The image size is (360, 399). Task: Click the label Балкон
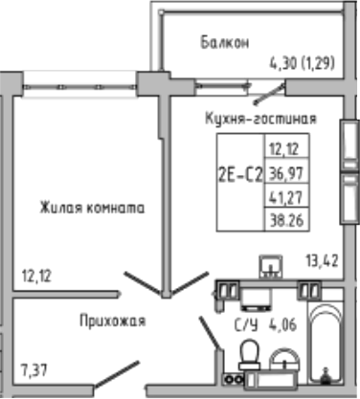click(225, 42)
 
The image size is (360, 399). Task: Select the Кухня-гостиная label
click(260, 119)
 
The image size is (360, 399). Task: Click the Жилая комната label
click(92, 206)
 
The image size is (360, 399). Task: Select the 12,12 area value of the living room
click(36, 277)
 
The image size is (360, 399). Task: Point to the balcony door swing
click(270, 94)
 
